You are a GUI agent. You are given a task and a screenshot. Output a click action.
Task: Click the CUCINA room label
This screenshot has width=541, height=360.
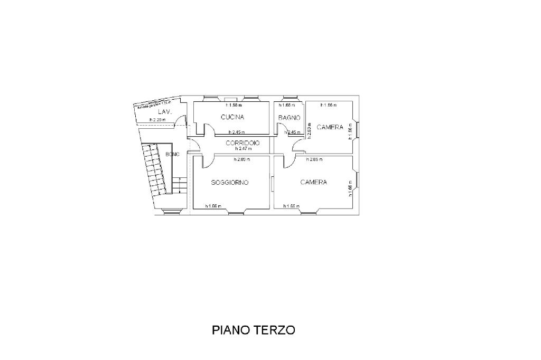click(232, 117)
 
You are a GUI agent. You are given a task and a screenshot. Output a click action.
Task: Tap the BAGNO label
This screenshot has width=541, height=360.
click(290, 118)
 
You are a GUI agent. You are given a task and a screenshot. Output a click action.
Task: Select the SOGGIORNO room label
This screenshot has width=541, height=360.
click(230, 183)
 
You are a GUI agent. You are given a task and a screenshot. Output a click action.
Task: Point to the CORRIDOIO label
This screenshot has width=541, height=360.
click(242, 143)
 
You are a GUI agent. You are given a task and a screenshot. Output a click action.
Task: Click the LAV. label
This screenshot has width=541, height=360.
click(163, 112)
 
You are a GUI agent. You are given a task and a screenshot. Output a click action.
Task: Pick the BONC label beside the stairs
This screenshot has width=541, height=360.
click(172, 154)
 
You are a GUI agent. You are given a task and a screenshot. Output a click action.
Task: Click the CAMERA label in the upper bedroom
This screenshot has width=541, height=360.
click(330, 127)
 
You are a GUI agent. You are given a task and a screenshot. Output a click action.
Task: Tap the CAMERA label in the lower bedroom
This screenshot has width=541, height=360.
click(314, 182)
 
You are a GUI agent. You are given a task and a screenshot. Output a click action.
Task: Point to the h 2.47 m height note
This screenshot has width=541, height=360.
click(242, 149)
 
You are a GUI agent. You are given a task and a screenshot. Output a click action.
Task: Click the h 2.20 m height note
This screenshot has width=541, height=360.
click(157, 120)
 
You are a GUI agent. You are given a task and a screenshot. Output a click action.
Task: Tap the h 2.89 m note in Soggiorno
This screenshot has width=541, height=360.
click(242, 159)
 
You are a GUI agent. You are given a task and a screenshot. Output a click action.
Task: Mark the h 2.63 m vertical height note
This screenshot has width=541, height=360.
click(309, 130)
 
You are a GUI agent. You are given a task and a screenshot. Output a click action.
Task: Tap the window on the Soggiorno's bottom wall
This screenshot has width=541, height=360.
click(236, 212)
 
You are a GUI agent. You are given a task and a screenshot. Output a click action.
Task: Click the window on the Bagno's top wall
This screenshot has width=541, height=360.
click(290, 98)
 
